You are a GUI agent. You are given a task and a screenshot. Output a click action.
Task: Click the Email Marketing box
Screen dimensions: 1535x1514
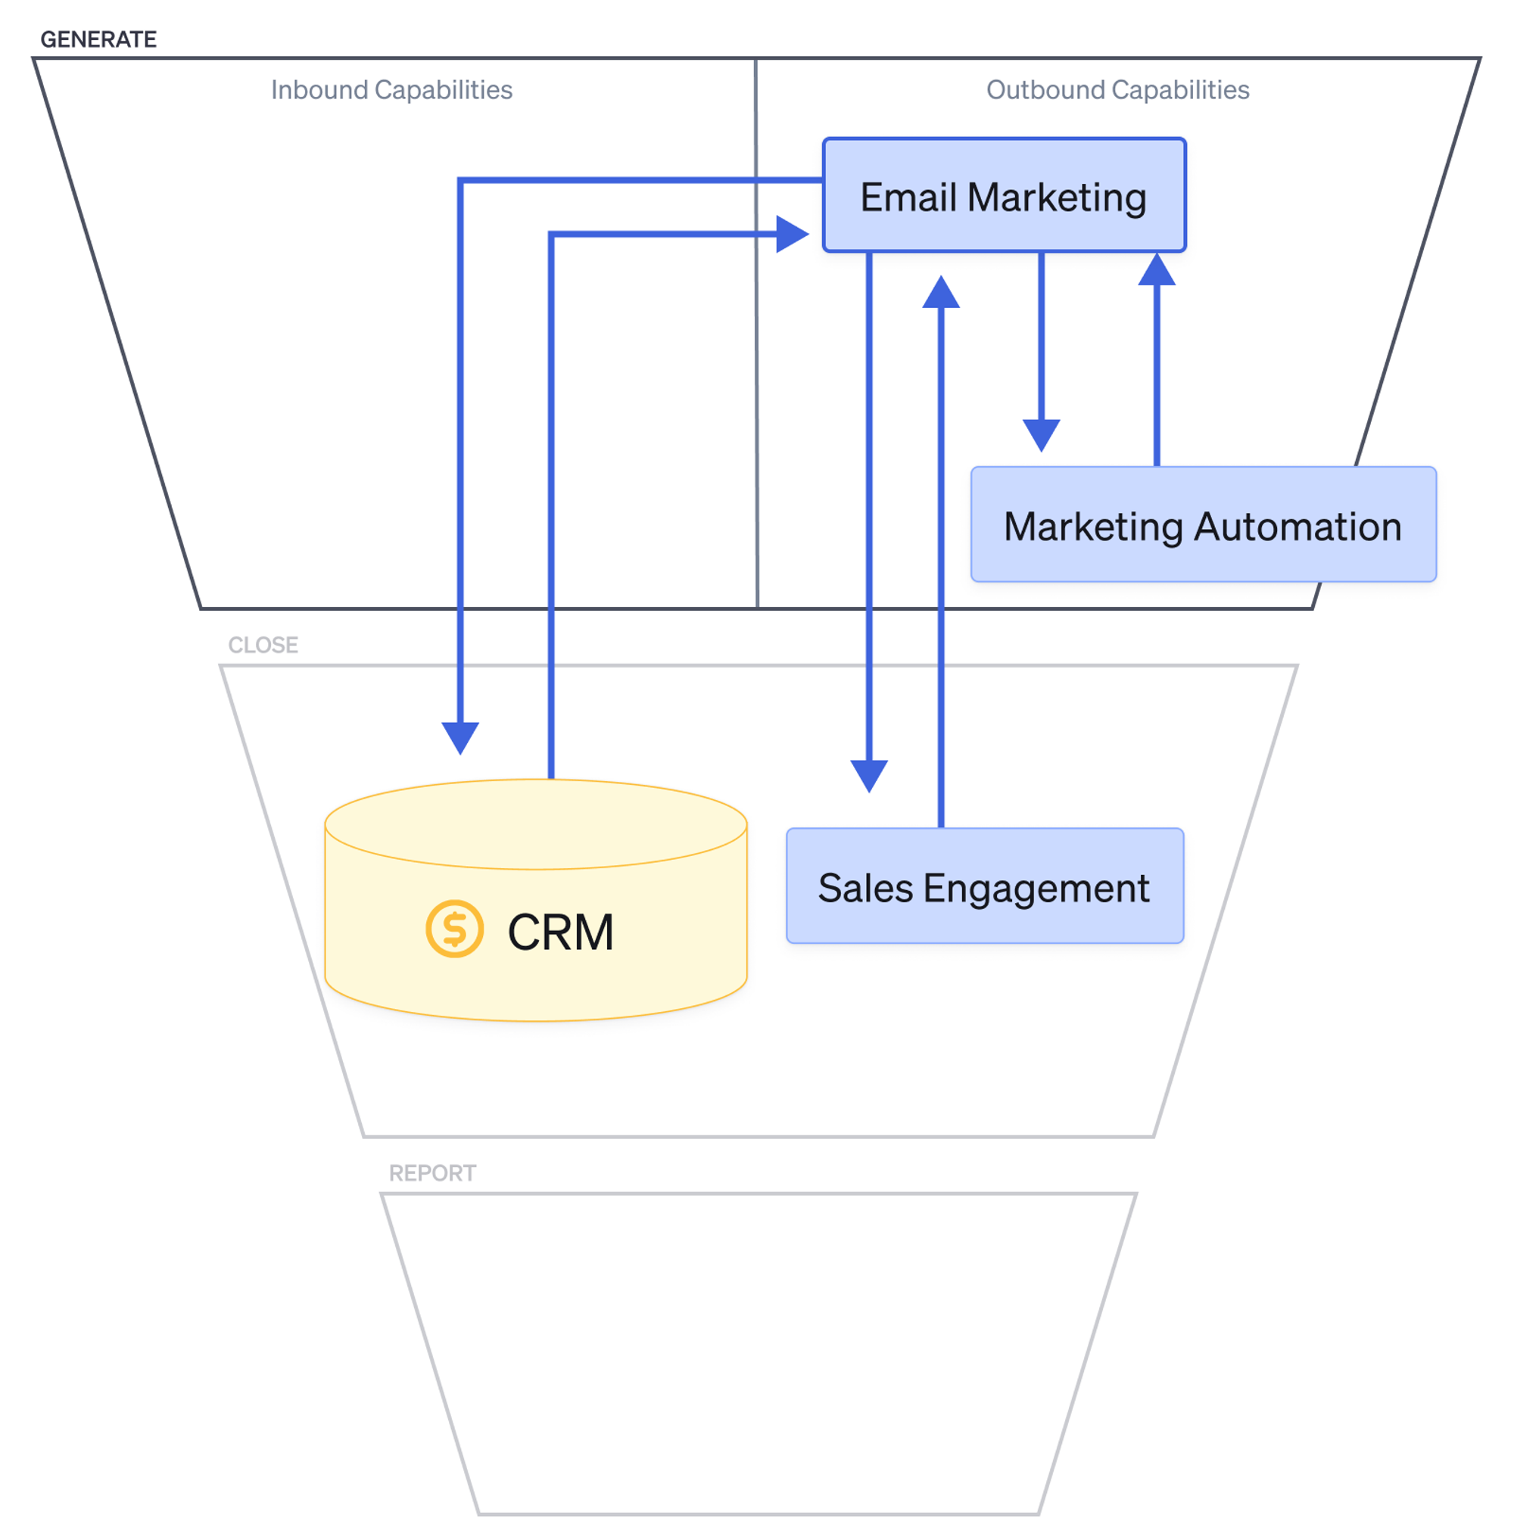pos(1003,195)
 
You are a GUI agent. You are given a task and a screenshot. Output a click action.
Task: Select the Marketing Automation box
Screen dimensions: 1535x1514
pos(1202,525)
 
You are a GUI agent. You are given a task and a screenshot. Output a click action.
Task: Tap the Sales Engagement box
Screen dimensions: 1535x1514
pos(984,885)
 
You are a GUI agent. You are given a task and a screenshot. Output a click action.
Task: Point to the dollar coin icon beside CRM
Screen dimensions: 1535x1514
pos(453,928)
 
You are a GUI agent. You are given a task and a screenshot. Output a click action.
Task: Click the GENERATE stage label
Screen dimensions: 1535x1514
pos(98,39)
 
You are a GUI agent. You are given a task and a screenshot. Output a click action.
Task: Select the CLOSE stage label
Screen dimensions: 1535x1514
pos(263,644)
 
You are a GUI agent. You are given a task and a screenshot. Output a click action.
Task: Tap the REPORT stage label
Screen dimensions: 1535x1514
pos(432,1172)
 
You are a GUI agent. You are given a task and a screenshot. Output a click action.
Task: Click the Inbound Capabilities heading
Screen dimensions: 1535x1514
pos(391,90)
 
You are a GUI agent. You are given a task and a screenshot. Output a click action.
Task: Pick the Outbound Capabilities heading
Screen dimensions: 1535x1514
pos(1117,90)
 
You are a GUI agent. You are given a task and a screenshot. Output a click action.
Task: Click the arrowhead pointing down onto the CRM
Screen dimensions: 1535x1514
pos(460,736)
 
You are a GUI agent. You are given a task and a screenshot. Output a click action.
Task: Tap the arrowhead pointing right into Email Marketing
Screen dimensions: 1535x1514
pos(792,234)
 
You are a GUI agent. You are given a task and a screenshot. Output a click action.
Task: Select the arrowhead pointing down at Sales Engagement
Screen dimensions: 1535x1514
pos(869,774)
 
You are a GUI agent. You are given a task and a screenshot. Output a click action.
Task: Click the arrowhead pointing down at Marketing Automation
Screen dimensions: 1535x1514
pos(1040,434)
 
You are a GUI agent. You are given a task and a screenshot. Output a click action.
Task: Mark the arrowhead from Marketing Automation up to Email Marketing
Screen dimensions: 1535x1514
pos(1157,269)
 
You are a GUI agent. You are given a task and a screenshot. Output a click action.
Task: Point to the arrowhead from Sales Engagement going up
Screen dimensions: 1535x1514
pos(941,291)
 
